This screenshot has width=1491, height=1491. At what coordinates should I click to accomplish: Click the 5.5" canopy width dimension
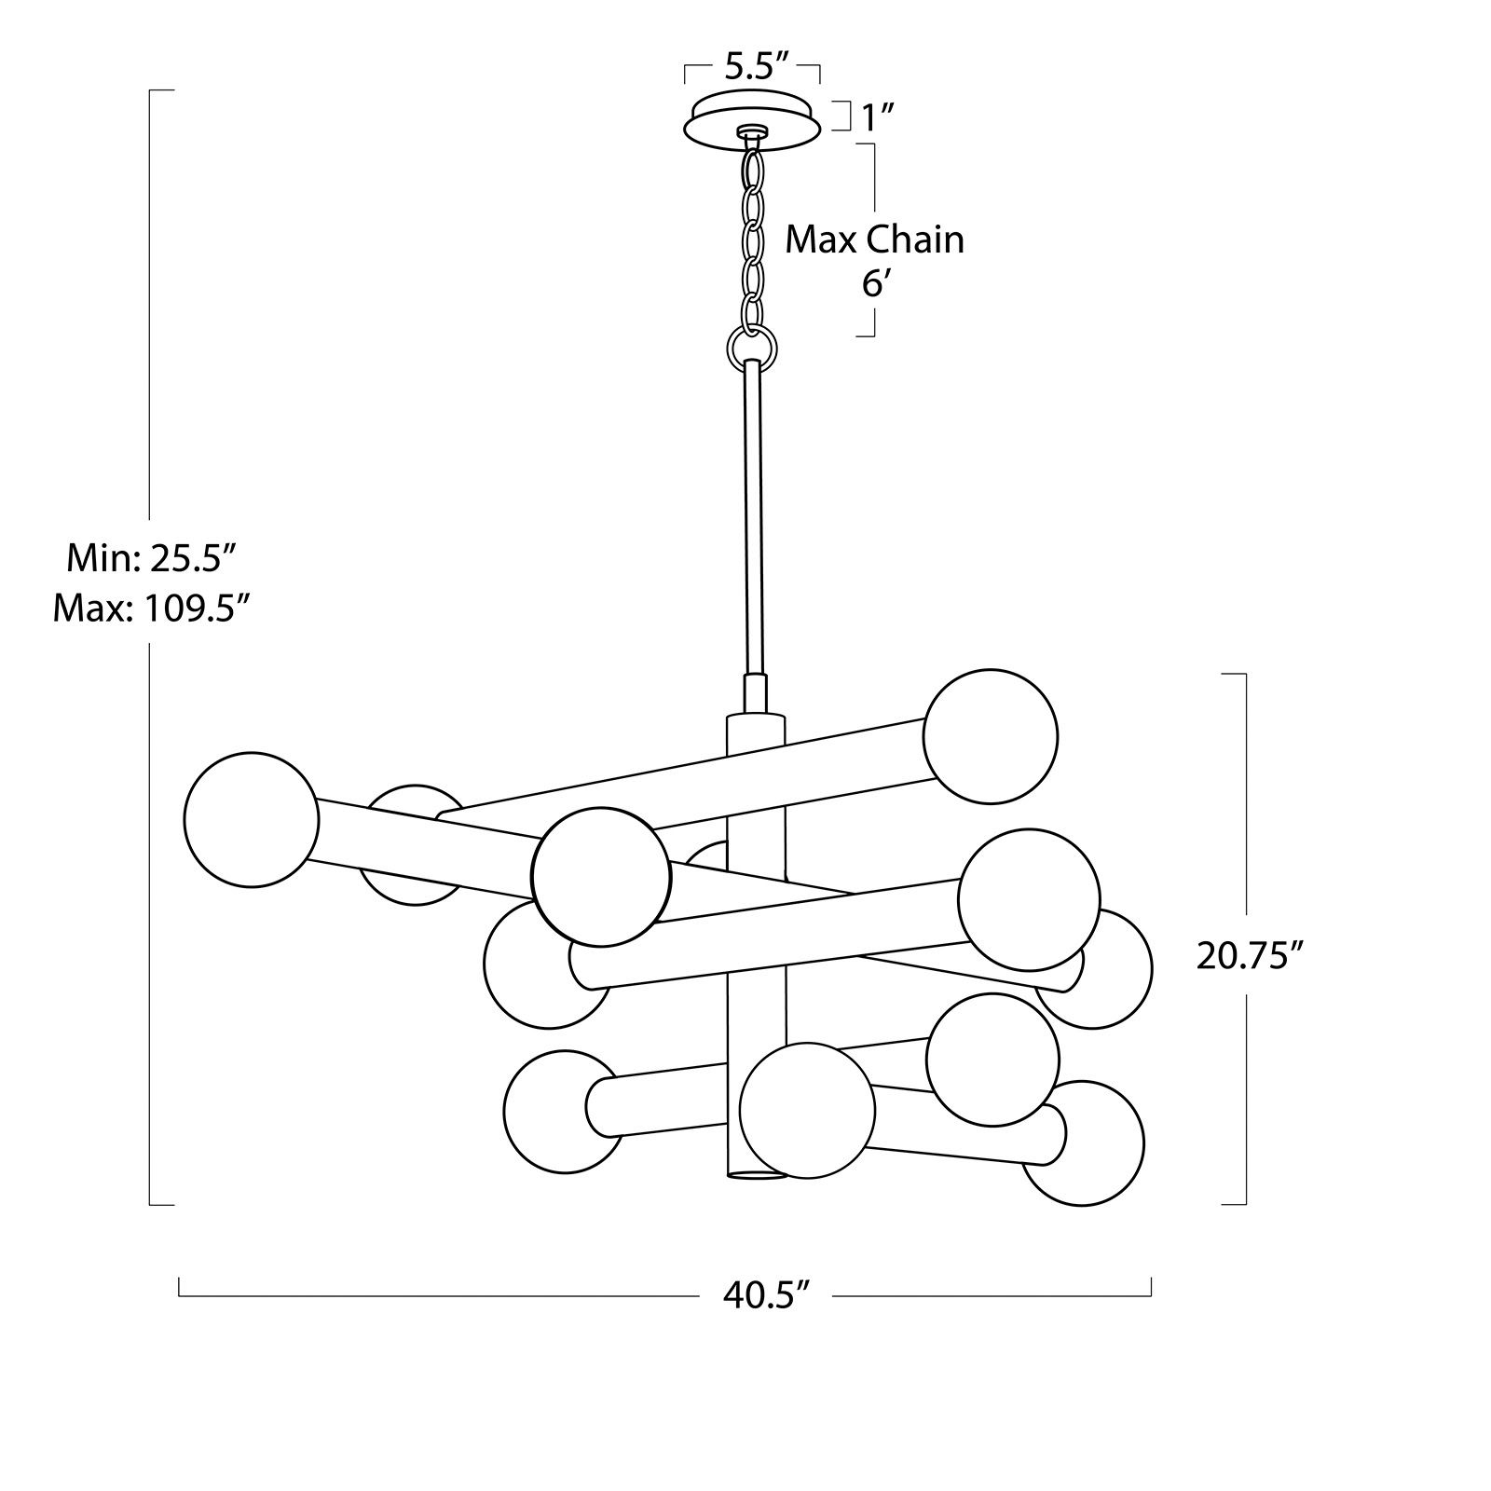[757, 67]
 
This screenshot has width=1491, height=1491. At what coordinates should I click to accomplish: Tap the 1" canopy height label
[878, 118]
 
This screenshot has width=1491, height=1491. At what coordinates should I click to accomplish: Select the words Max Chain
[874, 240]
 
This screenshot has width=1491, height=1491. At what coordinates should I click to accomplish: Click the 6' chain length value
[872, 283]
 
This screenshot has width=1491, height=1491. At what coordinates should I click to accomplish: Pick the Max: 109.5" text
[153, 609]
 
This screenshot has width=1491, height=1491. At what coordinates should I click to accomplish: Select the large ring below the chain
[751, 348]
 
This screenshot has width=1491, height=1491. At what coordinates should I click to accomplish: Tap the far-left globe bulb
[252, 819]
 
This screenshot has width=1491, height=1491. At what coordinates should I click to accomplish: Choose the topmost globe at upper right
[991, 736]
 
